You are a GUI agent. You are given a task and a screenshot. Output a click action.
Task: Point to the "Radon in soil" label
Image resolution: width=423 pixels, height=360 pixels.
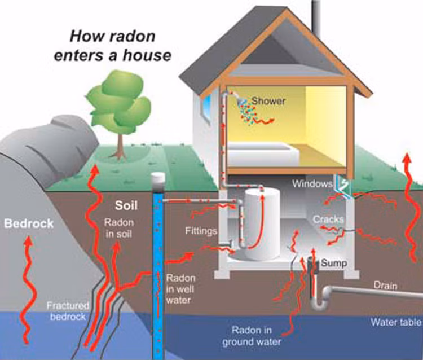click(118, 228)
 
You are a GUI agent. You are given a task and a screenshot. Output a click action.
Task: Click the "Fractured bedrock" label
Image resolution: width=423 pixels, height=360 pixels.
click(67, 311)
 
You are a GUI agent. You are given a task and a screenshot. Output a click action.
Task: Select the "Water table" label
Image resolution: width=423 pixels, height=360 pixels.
click(395, 323)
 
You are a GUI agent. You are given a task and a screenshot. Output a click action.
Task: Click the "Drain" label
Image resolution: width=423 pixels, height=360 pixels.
click(386, 286)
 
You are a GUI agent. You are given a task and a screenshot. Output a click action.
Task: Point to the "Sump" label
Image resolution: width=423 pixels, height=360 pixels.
click(333, 263)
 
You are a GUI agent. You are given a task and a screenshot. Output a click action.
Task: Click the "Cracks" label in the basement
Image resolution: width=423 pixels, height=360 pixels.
click(328, 219)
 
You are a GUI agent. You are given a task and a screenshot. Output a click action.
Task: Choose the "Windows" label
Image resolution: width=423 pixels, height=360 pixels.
click(312, 184)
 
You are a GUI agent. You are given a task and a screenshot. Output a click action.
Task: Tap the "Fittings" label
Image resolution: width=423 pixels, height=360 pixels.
click(201, 231)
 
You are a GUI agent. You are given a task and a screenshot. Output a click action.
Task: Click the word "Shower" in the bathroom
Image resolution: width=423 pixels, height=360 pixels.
click(268, 101)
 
